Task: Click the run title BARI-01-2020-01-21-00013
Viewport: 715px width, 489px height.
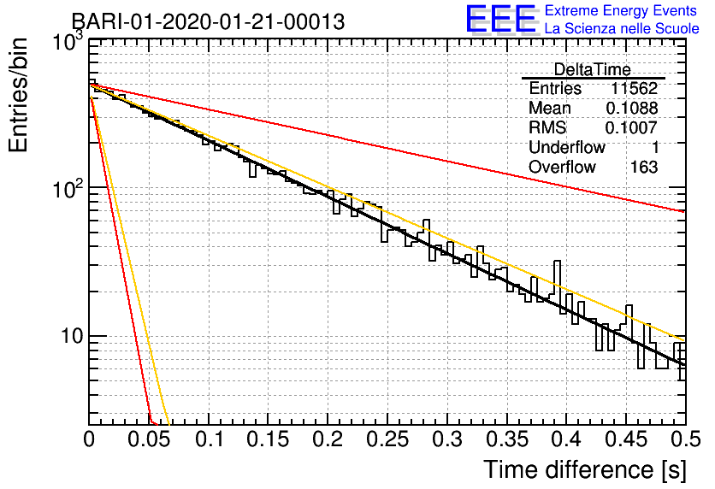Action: click(x=208, y=22)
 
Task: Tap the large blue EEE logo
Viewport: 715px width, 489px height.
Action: click(x=501, y=19)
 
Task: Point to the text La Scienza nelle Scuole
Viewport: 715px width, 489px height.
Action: click(x=622, y=28)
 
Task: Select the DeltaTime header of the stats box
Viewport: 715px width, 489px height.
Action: click(x=593, y=69)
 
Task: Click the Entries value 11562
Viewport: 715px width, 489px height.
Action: click(x=634, y=89)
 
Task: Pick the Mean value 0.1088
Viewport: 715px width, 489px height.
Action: click(x=632, y=109)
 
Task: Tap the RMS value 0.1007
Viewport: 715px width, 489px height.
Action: click(x=632, y=128)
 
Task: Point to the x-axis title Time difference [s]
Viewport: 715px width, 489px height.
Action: click(x=584, y=469)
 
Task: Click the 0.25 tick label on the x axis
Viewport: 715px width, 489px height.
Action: click(x=387, y=440)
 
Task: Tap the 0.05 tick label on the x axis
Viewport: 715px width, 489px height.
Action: click(x=150, y=440)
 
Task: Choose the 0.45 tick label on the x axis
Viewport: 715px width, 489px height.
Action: click(x=625, y=440)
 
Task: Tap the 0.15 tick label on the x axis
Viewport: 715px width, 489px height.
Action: click(x=269, y=440)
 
